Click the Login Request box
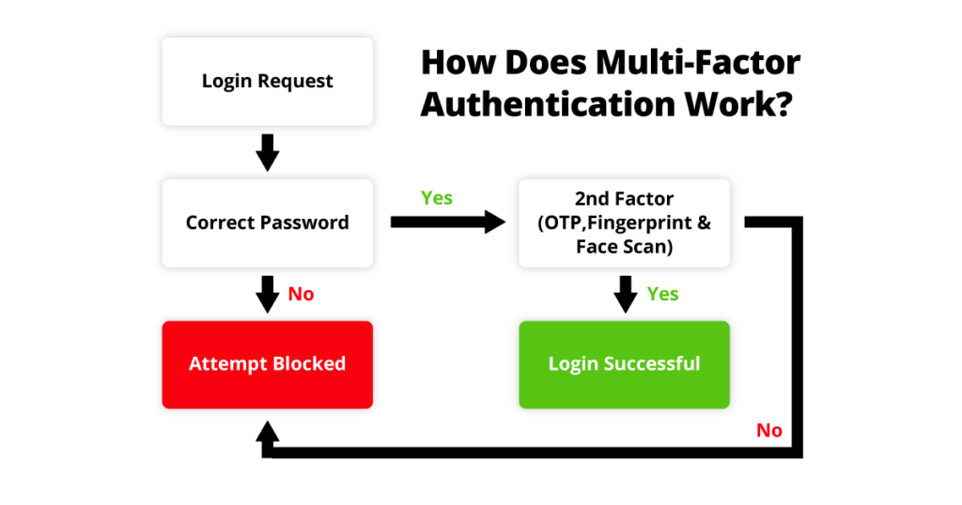[268, 82]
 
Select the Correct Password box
[268, 223]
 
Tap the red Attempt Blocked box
[268, 364]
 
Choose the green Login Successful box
[625, 364]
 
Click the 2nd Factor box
[625, 223]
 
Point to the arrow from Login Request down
[268, 152]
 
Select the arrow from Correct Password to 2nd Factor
[447, 222]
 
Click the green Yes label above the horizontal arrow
[437, 198]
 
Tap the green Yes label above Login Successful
[662, 295]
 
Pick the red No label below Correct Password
[301, 295]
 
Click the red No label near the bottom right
[768, 431]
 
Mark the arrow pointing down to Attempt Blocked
[268, 294]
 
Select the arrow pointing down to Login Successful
[625, 294]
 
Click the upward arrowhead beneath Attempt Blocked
[268, 433]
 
